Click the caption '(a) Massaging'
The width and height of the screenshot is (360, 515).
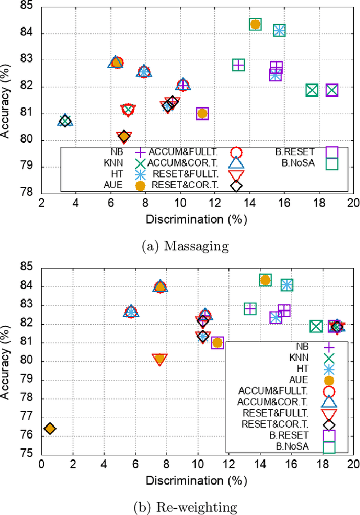[179, 247]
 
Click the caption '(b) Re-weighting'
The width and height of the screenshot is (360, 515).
[180, 506]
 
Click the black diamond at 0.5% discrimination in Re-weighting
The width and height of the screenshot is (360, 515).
[49, 428]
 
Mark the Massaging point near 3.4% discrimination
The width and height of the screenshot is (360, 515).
[65, 120]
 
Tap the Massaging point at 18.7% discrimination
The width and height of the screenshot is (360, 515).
[332, 90]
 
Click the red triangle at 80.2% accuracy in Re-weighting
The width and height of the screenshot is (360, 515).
[160, 359]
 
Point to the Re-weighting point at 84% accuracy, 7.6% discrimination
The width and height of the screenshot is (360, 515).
[160, 287]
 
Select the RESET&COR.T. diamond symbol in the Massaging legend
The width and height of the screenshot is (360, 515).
[236, 186]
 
